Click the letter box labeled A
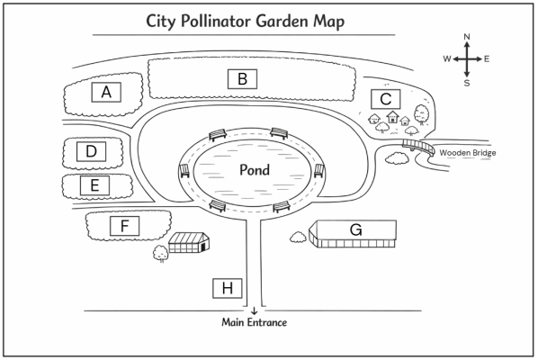click(106, 92)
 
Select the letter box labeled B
click(242, 79)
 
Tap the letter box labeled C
click(386, 99)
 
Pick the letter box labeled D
click(91, 151)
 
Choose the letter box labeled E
click(94, 185)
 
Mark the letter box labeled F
click(124, 226)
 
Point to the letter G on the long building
click(355, 229)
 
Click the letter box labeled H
click(227, 288)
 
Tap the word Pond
click(255, 170)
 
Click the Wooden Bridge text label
click(468, 153)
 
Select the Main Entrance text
click(255, 322)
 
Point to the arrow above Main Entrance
click(254, 310)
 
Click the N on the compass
click(467, 37)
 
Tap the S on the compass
click(467, 83)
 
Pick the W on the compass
click(447, 59)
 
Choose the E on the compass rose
click(487, 59)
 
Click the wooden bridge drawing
click(418, 147)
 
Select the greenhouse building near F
click(189, 243)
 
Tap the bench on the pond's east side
click(319, 171)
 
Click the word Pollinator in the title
click(216, 22)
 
